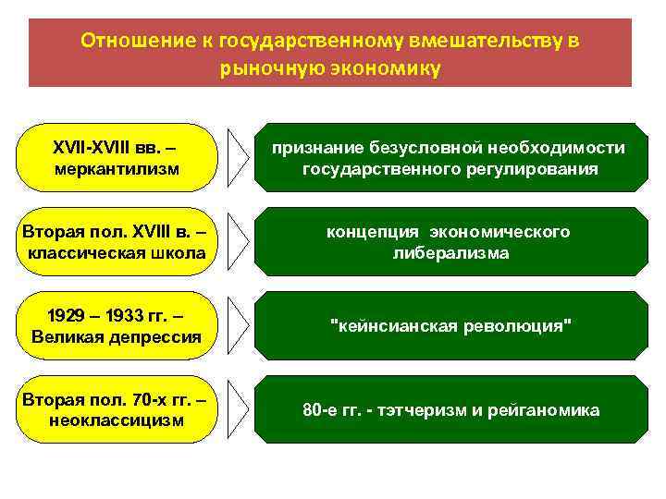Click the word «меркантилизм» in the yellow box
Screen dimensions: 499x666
(117, 169)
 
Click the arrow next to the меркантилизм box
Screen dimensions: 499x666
(239, 158)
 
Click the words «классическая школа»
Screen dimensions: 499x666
(117, 253)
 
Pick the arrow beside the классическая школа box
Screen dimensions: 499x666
(239, 242)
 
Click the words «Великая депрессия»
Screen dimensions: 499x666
(117, 337)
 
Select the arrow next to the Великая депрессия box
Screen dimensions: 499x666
(239, 326)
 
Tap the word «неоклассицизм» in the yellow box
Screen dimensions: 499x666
(117, 420)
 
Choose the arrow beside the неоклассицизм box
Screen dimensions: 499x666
(239, 410)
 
